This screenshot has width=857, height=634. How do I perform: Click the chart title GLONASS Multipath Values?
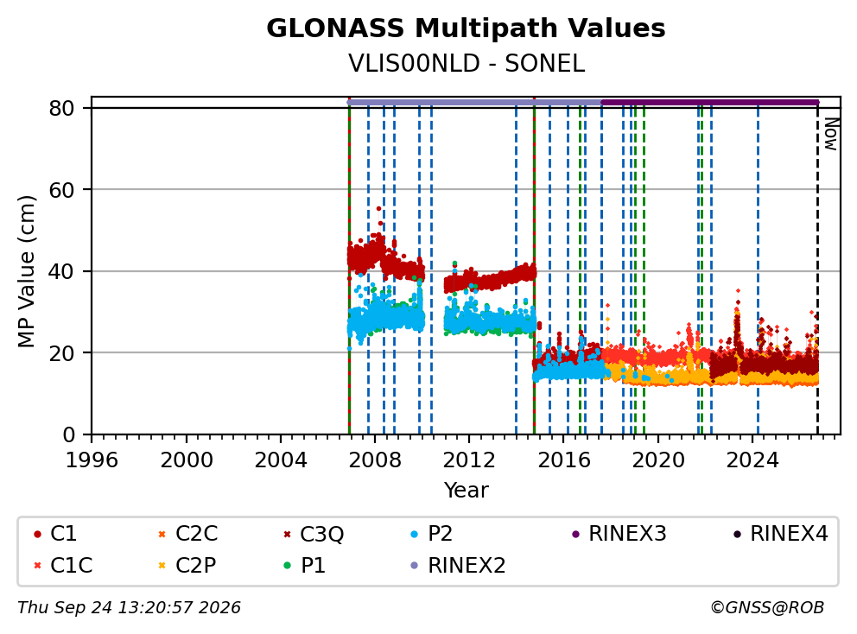pyautogui.click(x=466, y=29)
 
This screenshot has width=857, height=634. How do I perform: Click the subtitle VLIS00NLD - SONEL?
pyautogui.click(x=467, y=63)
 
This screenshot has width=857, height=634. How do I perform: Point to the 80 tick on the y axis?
pyautogui.click(x=61, y=108)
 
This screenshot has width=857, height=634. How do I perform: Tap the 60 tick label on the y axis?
pyautogui.click(x=61, y=190)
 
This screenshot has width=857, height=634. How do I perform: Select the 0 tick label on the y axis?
pyautogui.click(x=68, y=434)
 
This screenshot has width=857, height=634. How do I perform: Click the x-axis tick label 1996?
pyautogui.click(x=92, y=460)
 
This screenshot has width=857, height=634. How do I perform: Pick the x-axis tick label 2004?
pyautogui.click(x=281, y=460)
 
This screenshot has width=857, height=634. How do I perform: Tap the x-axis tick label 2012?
pyautogui.click(x=469, y=460)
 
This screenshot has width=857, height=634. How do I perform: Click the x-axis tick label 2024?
pyautogui.click(x=752, y=460)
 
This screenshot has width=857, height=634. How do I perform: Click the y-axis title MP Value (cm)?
pyautogui.click(x=26, y=271)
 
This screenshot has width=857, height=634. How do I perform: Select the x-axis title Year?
pyautogui.click(x=467, y=491)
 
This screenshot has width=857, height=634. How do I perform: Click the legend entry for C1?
pyautogui.click(x=55, y=534)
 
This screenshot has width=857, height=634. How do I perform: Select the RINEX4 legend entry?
pyautogui.click(x=780, y=534)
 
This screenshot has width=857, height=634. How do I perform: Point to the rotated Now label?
pyautogui.click(x=831, y=134)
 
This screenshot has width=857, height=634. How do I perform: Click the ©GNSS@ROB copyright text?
pyautogui.click(x=767, y=608)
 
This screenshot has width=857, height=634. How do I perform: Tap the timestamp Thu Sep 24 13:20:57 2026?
pyautogui.click(x=129, y=608)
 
